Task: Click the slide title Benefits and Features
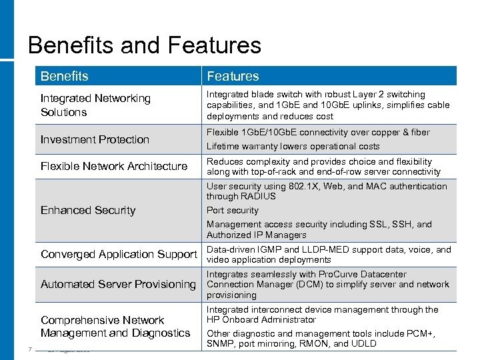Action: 145,45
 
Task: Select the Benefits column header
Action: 64,76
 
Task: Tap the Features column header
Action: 233,76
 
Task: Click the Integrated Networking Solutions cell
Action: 95,105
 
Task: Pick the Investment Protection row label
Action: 95,139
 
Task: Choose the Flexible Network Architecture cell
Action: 114,166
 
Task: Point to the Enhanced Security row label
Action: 88,210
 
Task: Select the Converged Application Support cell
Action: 119,254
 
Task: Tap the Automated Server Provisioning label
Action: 118,284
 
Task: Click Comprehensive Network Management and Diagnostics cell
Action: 115,327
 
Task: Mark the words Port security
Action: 233,210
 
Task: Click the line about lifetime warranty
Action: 293,146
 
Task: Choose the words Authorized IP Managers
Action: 257,235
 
